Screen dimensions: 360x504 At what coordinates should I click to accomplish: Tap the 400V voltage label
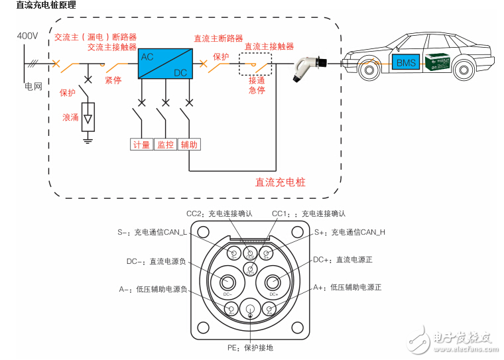(x=28, y=35)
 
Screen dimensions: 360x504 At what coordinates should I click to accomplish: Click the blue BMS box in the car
(x=406, y=63)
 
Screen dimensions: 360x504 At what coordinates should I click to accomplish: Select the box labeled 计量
(x=141, y=145)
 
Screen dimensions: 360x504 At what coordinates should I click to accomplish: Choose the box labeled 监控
(x=165, y=145)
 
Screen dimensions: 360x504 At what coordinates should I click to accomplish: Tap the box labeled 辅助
(x=189, y=145)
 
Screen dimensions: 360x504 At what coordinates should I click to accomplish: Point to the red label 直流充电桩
(x=281, y=182)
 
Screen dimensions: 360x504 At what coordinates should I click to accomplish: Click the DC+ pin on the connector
(x=273, y=283)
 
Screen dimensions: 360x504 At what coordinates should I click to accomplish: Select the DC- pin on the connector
(x=227, y=283)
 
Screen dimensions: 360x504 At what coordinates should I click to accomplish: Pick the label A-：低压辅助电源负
(x=153, y=289)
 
